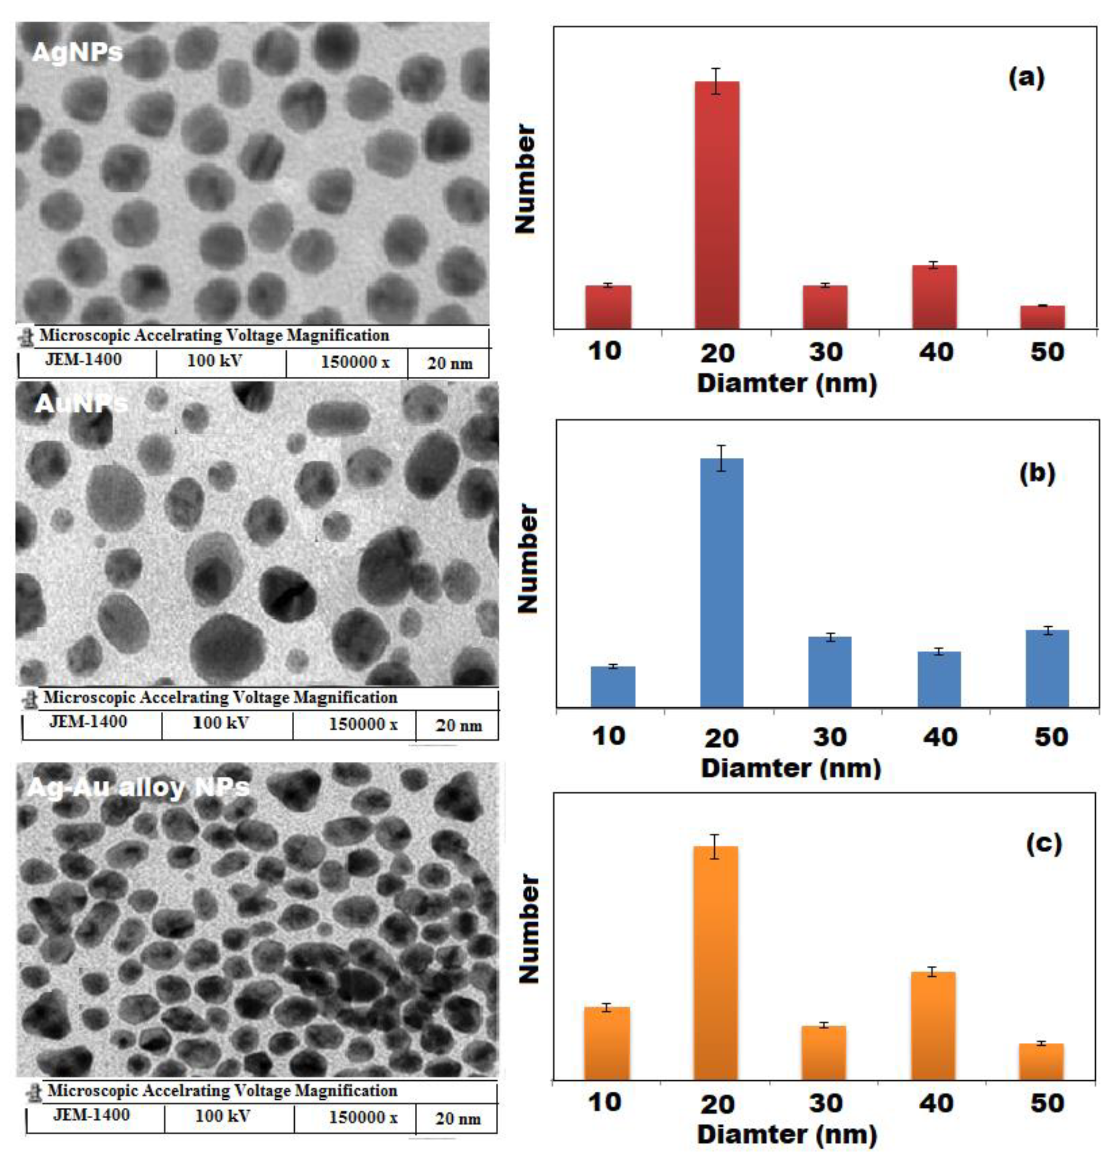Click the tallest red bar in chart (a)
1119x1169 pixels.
(x=717, y=206)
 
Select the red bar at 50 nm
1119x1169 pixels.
(x=1042, y=317)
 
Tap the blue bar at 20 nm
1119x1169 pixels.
(x=722, y=583)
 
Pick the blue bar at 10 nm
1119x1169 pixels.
(x=613, y=687)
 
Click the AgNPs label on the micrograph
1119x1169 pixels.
(x=77, y=53)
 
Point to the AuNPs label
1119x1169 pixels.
(x=81, y=404)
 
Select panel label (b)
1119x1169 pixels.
(x=1037, y=473)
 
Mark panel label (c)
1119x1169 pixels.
(x=1044, y=844)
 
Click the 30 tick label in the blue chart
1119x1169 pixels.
(x=830, y=737)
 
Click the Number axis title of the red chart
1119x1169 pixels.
(x=526, y=179)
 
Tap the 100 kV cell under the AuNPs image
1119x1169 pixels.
(x=221, y=723)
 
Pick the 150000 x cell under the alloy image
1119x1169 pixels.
(x=363, y=1117)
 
